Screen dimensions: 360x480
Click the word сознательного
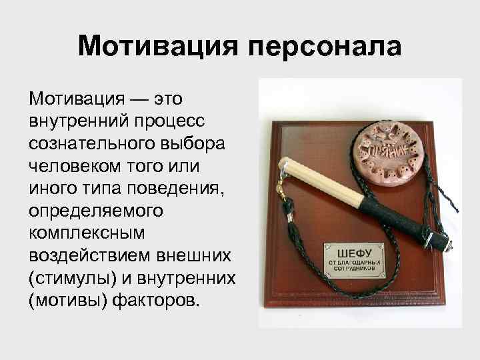[x=83, y=143]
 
